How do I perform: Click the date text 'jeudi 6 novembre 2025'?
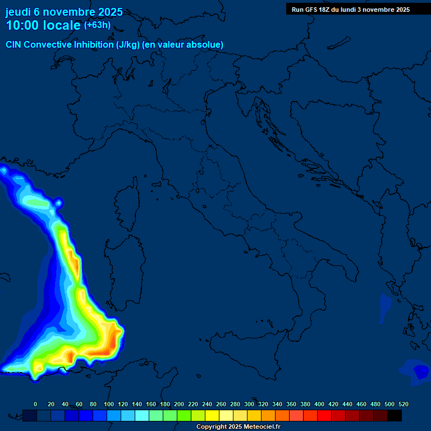coord(64,12)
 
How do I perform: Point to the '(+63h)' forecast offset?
coord(97,25)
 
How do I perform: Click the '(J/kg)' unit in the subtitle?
coord(129,44)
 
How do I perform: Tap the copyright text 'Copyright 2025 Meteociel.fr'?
coord(238,427)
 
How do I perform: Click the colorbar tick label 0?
coord(35,404)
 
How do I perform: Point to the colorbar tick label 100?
coord(109,404)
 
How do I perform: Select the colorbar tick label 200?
coord(179,404)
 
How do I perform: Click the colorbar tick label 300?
coord(249,404)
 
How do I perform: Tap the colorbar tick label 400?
coord(319,404)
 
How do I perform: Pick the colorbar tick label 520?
coord(403,404)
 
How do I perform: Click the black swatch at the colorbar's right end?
coord(395,415)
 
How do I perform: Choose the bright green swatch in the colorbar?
coord(184,415)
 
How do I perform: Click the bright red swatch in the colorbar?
coord(324,415)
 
